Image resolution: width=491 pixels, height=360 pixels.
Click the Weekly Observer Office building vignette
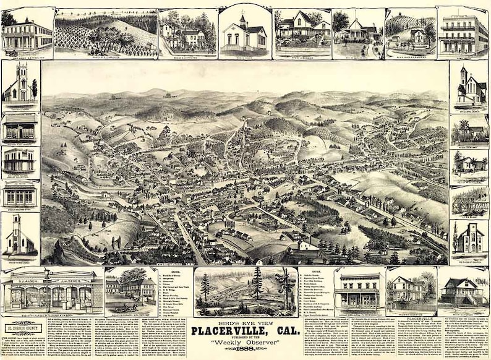click(20, 195)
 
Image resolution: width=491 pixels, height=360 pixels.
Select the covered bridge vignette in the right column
click(469, 201)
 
